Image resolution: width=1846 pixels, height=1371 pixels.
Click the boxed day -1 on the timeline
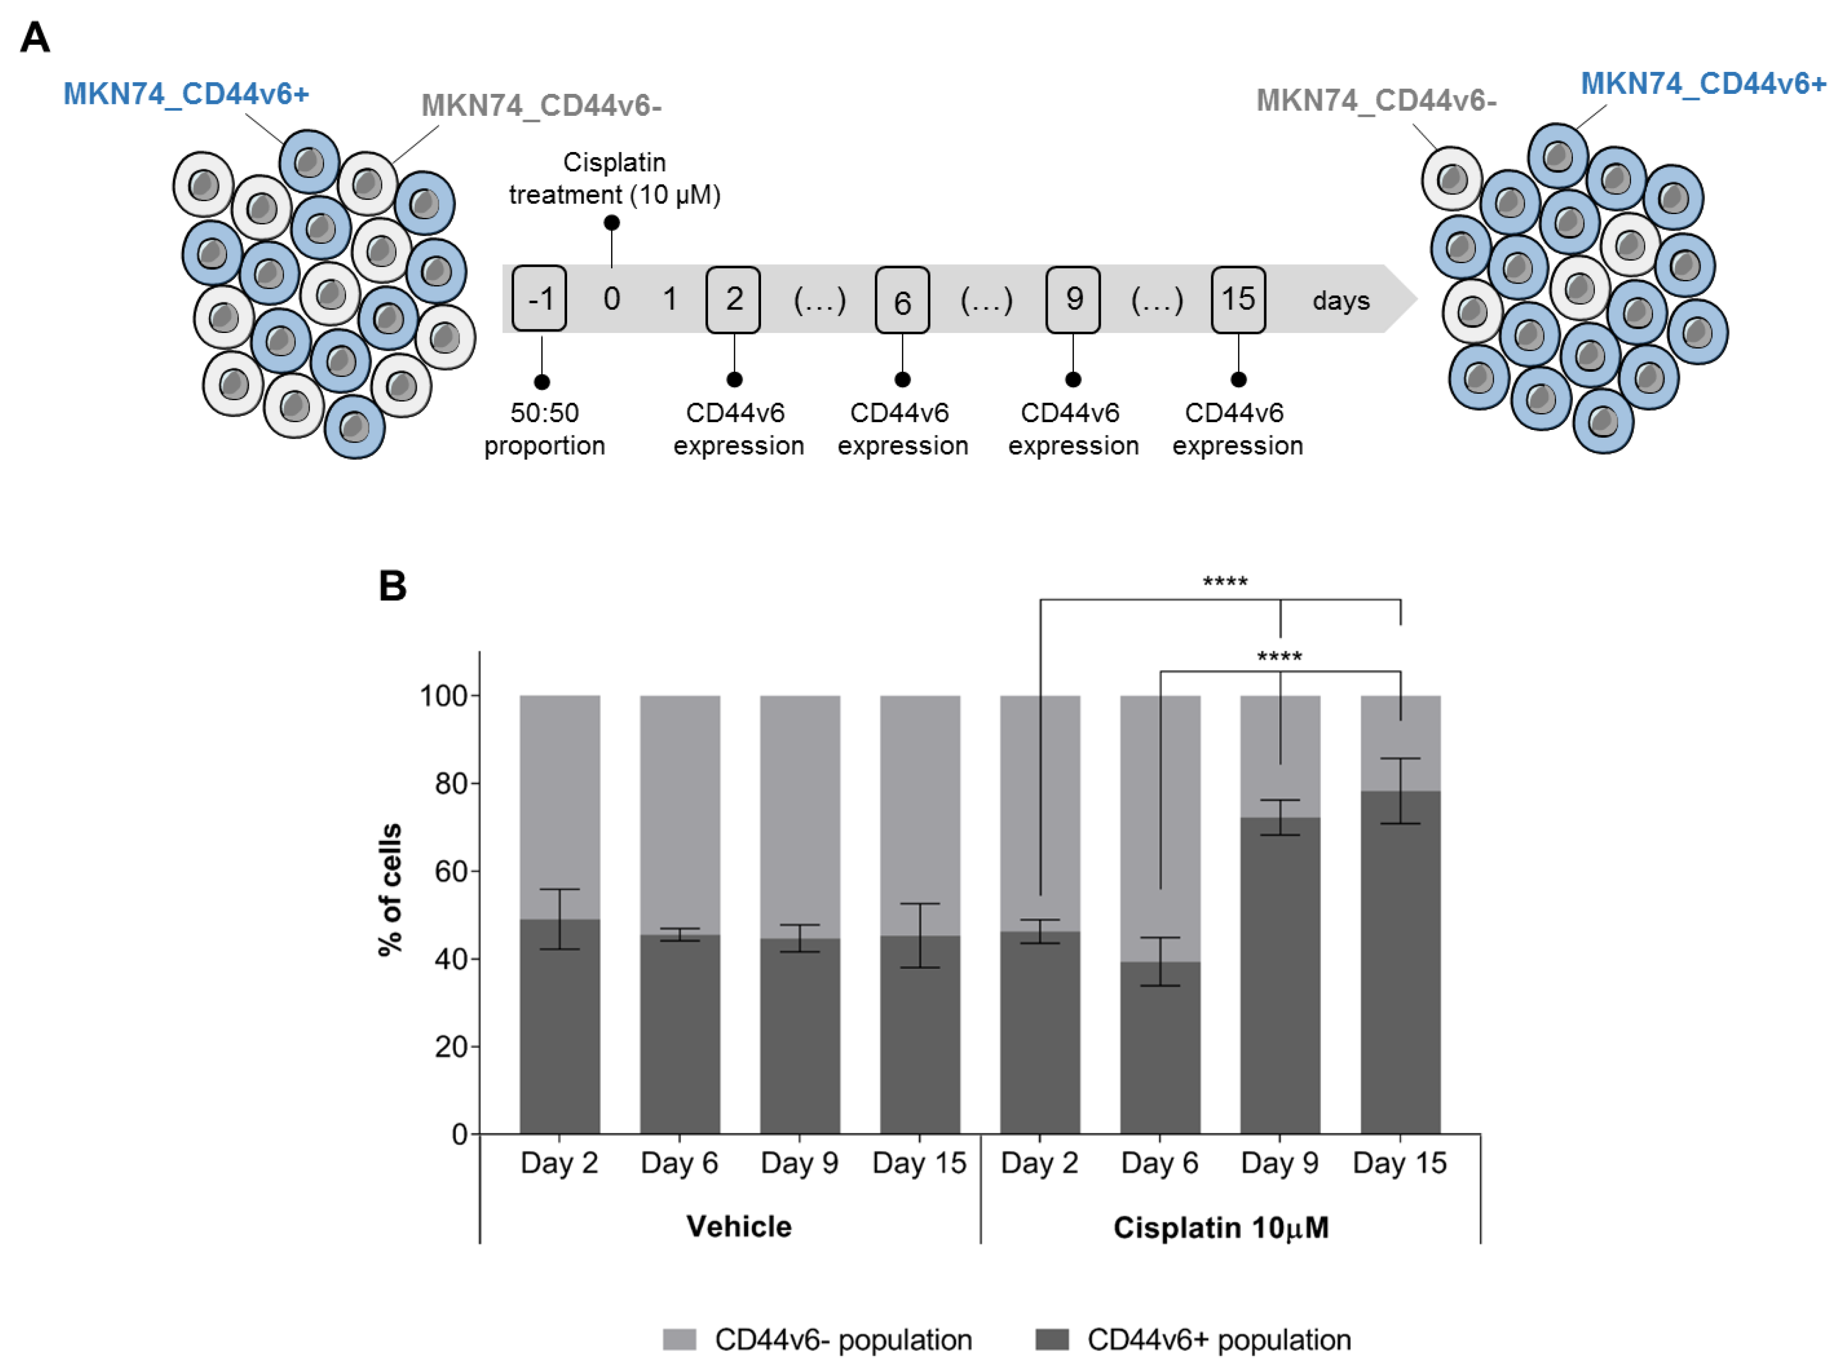click(539, 299)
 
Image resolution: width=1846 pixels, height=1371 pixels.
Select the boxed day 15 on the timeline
click(1238, 299)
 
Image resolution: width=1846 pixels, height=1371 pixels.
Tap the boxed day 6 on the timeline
click(902, 300)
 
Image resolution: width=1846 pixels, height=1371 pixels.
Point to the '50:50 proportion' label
click(544, 429)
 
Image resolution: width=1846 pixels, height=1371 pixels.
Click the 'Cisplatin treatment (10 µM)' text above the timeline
click(614, 178)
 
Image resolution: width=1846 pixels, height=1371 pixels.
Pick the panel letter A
click(35, 37)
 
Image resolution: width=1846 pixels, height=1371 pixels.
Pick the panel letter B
click(393, 586)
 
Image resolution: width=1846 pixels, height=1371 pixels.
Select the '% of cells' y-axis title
click(390, 890)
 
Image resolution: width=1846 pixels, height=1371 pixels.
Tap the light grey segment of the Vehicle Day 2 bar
click(559, 789)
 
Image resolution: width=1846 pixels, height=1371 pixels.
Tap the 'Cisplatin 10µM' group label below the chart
click(1220, 1227)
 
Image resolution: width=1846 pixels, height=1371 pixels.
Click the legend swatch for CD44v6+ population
click(1051, 1340)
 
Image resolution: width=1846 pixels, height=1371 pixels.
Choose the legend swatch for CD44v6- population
click(679, 1340)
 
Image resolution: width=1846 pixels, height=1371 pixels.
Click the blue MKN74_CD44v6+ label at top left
click(186, 94)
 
